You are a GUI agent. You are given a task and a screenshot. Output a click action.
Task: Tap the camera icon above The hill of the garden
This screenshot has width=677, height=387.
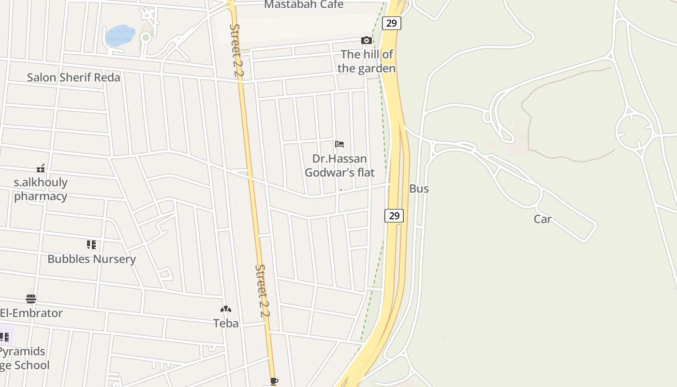tap(367, 40)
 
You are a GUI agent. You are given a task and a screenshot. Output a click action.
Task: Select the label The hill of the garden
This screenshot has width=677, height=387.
tap(367, 61)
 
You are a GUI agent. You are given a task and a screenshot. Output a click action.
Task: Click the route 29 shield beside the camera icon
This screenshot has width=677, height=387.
tap(391, 23)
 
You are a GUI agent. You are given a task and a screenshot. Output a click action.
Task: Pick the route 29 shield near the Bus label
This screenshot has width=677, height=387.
tap(394, 216)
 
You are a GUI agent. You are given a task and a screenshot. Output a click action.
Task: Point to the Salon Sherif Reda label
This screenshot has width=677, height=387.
tap(74, 77)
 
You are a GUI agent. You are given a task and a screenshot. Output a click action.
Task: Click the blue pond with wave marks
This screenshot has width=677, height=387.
tap(119, 35)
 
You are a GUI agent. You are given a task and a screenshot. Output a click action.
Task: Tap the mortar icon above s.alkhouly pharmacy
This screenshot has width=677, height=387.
tap(41, 168)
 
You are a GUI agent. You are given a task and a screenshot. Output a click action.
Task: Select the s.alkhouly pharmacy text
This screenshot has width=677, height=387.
tap(41, 189)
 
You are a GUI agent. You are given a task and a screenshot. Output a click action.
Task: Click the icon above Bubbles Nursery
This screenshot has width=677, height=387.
tap(91, 245)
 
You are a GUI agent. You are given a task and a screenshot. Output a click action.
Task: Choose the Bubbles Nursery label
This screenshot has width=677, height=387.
tap(91, 259)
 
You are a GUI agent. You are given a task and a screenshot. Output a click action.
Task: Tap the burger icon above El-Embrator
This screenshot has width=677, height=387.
tap(31, 298)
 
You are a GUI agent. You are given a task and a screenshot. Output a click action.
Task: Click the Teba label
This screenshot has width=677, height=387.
tap(226, 323)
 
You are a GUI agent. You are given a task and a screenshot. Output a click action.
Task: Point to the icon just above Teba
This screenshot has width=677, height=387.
tap(226, 309)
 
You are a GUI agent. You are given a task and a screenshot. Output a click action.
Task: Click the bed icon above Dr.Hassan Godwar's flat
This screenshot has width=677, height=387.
tap(339, 144)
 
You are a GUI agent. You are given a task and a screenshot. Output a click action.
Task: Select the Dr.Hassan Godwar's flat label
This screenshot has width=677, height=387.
tap(339, 165)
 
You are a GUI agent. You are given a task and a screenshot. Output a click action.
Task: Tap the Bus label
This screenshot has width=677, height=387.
tap(419, 189)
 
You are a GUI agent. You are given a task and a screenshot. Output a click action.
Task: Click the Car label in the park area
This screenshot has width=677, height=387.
tap(543, 219)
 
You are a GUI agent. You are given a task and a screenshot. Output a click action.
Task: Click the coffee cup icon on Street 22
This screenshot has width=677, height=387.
tap(274, 382)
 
